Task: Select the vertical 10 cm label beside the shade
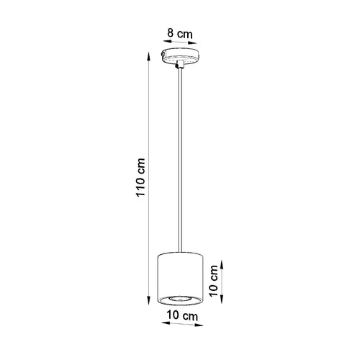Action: [x=214, y=282]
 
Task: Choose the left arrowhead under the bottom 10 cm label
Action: [x=158, y=324]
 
